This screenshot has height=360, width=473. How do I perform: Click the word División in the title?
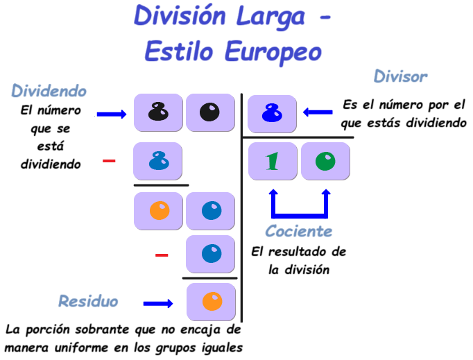click(x=180, y=16)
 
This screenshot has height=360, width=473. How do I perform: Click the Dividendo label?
click(x=49, y=91)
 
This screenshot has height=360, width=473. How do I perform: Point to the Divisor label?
click(x=400, y=76)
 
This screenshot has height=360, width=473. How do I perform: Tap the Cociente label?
click(x=299, y=232)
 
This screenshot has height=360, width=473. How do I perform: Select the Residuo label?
click(x=88, y=301)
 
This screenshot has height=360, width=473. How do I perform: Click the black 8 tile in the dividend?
click(x=158, y=112)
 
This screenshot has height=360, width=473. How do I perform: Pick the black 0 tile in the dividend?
click(x=210, y=112)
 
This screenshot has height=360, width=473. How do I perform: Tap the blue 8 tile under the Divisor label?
click(x=272, y=113)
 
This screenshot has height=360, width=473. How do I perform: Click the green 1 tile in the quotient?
click(x=273, y=161)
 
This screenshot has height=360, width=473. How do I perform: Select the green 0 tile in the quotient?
click(x=325, y=161)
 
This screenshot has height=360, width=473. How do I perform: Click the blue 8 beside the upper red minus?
click(x=158, y=161)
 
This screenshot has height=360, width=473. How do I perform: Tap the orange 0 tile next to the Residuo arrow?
click(x=212, y=302)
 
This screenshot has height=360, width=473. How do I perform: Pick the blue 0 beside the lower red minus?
click(x=211, y=254)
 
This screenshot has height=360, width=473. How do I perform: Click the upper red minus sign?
click(x=109, y=161)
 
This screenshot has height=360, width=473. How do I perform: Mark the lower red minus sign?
click(x=162, y=255)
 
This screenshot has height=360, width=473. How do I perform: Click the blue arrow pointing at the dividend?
click(x=112, y=114)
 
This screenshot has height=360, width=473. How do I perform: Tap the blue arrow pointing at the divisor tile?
click(x=318, y=112)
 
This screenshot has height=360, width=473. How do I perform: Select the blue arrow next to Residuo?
click(x=158, y=303)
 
